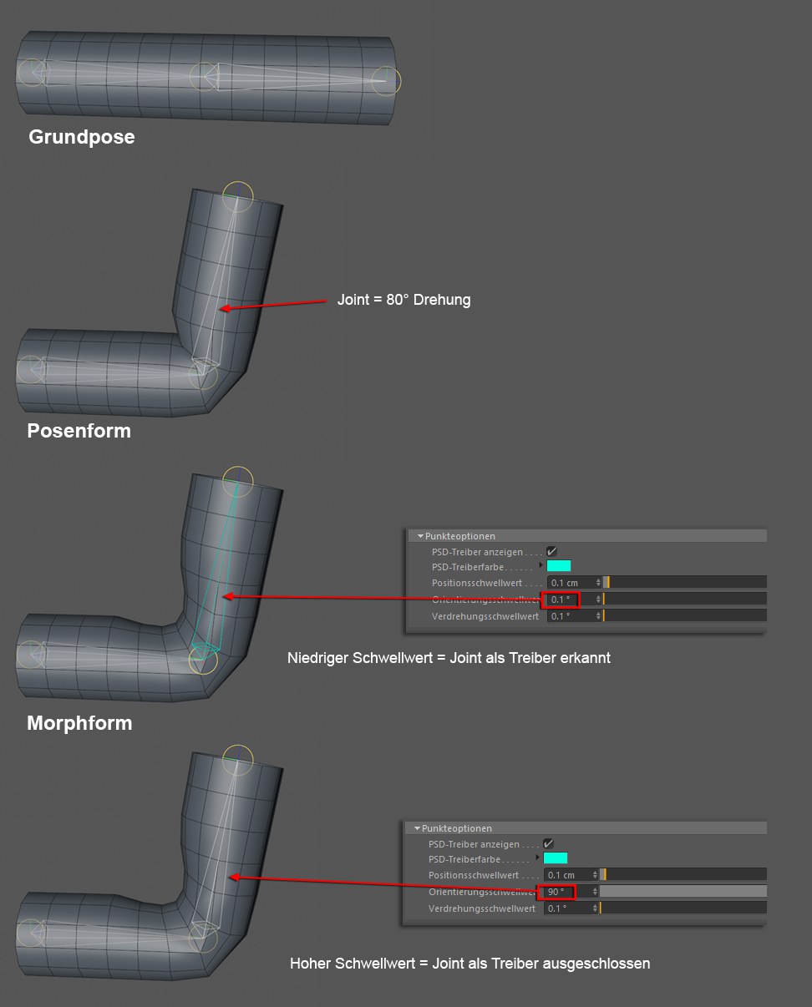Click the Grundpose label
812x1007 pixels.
point(81,137)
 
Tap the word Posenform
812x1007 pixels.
point(79,431)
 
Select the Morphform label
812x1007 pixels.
point(79,723)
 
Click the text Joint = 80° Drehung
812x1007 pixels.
point(403,300)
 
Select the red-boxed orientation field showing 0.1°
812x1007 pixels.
point(560,600)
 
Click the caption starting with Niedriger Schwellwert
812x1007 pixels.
point(449,658)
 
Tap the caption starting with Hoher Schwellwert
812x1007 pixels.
point(469,964)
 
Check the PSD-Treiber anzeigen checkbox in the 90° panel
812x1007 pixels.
point(548,844)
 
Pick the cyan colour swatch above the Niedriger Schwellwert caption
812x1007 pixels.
point(559,566)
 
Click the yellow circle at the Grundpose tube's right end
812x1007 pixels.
point(387,80)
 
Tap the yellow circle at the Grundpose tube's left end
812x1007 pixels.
point(31,73)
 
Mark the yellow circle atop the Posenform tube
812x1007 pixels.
point(238,195)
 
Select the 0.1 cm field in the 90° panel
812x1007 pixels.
point(569,875)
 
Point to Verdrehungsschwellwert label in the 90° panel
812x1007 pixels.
point(481,908)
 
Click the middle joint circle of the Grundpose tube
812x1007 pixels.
point(204,76)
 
